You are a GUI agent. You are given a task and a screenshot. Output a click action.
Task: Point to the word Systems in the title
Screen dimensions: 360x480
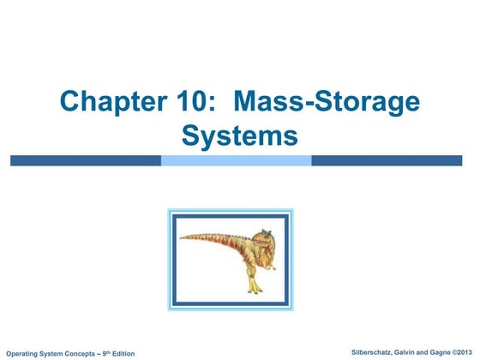(240, 135)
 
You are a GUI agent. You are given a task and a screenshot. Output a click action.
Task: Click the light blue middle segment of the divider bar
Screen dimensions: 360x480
(236, 160)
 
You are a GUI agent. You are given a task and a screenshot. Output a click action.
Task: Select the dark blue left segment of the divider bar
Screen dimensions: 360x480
(86, 160)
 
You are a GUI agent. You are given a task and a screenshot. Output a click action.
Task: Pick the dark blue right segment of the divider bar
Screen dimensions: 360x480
(390, 160)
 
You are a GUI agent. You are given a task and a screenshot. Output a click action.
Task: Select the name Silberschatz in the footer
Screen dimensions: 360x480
(358, 352)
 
